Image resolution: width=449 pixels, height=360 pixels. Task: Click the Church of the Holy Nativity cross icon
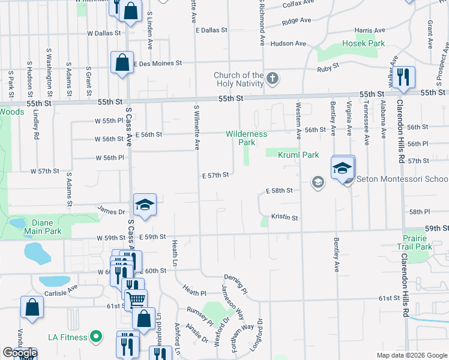(273, 78)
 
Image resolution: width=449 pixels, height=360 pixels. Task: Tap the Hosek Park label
(363, 43)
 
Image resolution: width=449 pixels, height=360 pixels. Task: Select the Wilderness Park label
(246, 138)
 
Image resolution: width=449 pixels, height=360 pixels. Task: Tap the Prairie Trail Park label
(414, 242)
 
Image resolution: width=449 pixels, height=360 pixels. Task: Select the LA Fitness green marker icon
(95, 337)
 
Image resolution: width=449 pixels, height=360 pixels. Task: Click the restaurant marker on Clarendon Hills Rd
(405, 76)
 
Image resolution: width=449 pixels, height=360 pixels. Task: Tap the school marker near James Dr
(145, 205)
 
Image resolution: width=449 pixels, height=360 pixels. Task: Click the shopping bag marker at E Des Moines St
(122, 62)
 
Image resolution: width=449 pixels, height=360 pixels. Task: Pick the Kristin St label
(285, 217)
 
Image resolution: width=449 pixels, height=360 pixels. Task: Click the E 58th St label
(279, 190)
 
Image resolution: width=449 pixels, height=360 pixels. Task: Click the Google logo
(20, 353)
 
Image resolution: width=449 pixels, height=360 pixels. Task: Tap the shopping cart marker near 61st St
(136, 299)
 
